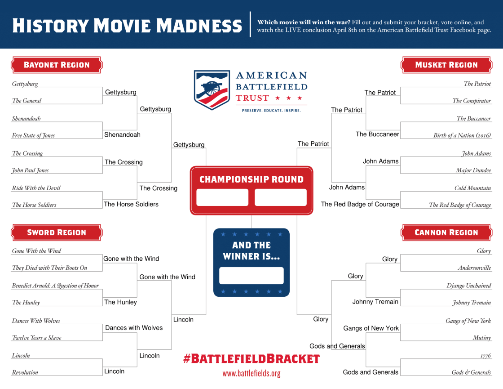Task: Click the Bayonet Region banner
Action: (x=57, y=65)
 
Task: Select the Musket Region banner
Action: (x=446, y=65)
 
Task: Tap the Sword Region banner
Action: (x=57, y=233)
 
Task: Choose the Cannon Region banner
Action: (x=446, y=233)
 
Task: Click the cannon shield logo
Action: (x=212, y=90)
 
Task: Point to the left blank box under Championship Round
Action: (x=222, y=197)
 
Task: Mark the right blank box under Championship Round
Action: (x=281, y=197)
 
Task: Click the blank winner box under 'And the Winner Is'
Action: (x=251, y=276)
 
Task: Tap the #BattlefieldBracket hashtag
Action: (x=251, y=358)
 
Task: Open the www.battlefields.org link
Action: (x=251, y=373)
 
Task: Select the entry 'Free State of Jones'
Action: (x=33, y=135)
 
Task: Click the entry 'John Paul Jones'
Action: (x=30, y=170)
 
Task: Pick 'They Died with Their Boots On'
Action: (x=49, y=268)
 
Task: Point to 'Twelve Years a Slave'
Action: (x=36, y=338)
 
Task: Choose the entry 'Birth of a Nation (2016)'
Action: (x=462, y=135)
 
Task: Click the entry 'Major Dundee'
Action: (x=473, y=170)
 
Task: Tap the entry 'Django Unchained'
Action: (x=469, y=286)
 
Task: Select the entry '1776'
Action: (x=485, y=356)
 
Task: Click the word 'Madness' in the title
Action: (x=199, y=26)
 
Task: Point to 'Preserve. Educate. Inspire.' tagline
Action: (x=271, y=111)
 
